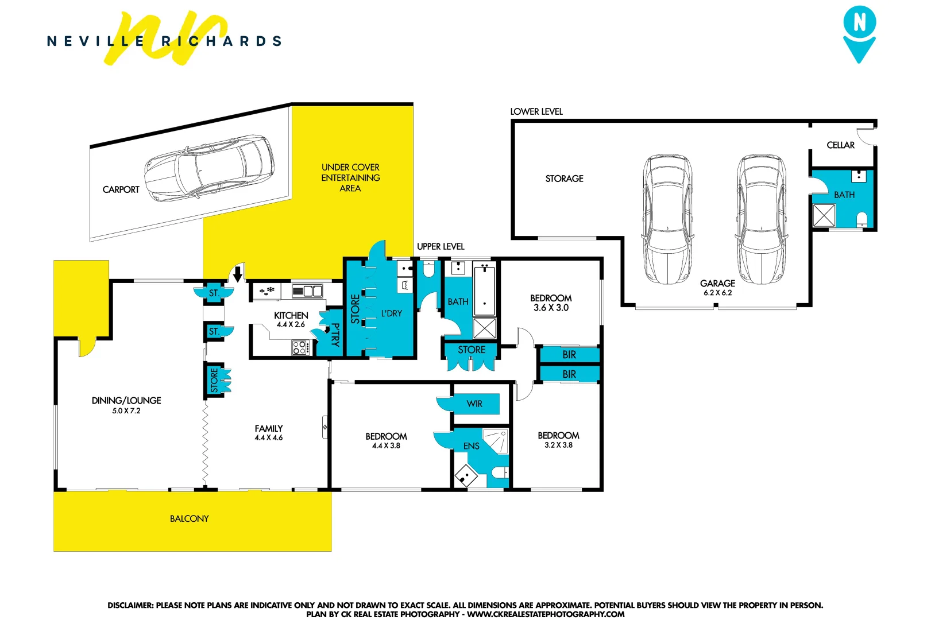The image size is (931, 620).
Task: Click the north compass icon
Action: tap(859, 33)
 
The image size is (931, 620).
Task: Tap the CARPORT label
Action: tap(121, 189)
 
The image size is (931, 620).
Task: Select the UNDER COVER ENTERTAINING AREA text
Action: tap(350, 177)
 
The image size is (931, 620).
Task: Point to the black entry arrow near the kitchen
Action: tap(238, 274)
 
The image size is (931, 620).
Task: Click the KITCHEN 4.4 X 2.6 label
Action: tap(291, 320)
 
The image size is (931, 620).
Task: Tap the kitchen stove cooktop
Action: tap(300, 347)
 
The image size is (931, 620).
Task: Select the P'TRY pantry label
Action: tap(335, 334)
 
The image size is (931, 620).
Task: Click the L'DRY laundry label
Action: tap(392, 313)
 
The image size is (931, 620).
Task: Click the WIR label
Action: tap(474, 404)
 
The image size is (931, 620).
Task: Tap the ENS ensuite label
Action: tap(471, 446)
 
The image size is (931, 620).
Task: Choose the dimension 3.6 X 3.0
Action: tap(551, 308)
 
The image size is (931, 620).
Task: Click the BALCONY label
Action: tap(189, 518)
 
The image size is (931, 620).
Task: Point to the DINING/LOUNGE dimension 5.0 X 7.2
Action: tap(126, 410)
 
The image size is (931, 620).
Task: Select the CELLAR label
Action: tap(840, 145)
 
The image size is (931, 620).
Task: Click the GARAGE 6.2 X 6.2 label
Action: tap(717, 287)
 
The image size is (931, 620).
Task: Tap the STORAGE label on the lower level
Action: tap(564, 179)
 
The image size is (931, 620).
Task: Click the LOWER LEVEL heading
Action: tap(536, 111)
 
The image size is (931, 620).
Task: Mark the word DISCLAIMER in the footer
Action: tap(130, 605)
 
